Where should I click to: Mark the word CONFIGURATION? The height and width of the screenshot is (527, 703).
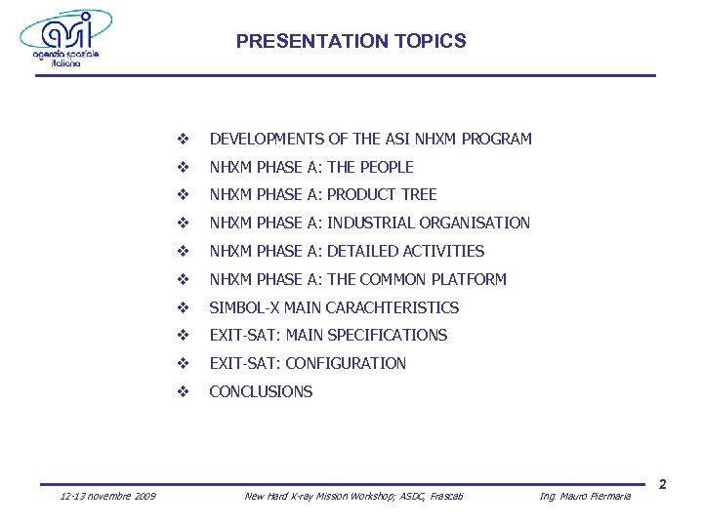(x=346, y=363)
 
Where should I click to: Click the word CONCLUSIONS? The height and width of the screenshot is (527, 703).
(x=261, y=391)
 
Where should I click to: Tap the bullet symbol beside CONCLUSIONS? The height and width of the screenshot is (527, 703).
(x=182, y=391)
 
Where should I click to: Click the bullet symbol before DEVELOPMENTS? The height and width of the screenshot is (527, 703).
(x=182, y=139)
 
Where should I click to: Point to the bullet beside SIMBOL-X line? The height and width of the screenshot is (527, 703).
(x=182, y=307)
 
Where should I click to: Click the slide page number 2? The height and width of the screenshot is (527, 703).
(x=662, y=485)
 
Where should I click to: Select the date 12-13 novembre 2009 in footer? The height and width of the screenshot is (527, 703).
(x=107, y=497)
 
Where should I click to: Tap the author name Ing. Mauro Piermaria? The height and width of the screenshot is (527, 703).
(x=585, y=497)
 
